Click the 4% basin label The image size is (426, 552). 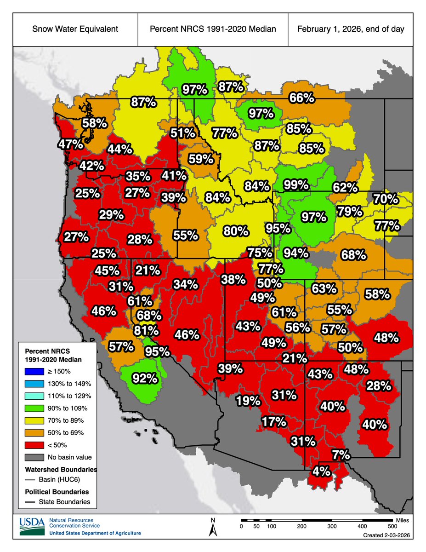pos(321,471)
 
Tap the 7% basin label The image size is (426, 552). pos(341,455)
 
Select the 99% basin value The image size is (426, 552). pos(296,185)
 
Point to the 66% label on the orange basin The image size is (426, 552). pos(301,98)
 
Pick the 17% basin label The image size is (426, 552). pos(274,421)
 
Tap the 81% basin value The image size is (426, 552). pos(146,330)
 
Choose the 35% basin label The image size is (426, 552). pos(138,176)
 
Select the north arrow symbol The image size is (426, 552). pos(213,528)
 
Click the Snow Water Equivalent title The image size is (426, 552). pos(75,29)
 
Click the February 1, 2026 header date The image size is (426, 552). pos(351,29)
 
